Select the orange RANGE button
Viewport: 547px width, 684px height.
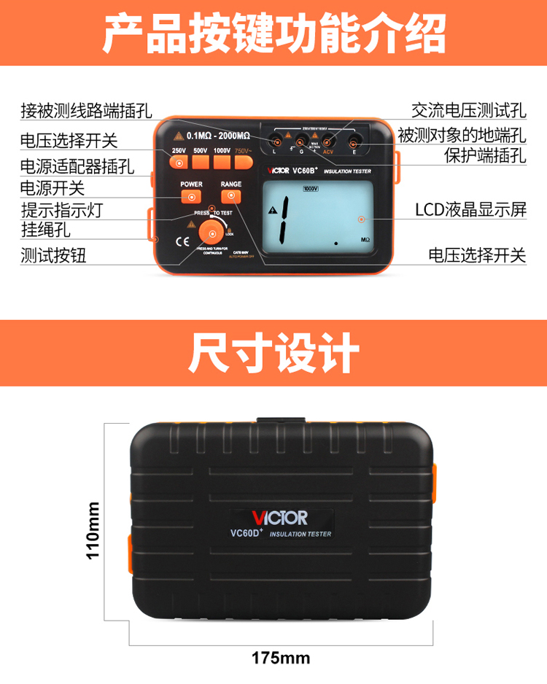pyautogui.click(x=231, y=197)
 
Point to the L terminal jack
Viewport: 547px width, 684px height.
pyautogui.click(x=275, y=141)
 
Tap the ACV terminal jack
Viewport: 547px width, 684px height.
pyautogui.click(x=328, y=141)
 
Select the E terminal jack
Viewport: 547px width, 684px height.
pyautogui.click(x=354, y=141)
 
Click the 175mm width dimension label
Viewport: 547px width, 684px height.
pyautogui.click(x=281, y=658)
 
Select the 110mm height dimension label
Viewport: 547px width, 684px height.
pyautogui.click(x=93, y=530)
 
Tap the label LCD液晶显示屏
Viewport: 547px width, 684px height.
pyautogui.click(x=470, y=210)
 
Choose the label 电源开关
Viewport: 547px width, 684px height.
pyautogui.click(x=53, y=188)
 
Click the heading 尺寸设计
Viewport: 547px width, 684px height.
pyautogui.click(x=273, y=354)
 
